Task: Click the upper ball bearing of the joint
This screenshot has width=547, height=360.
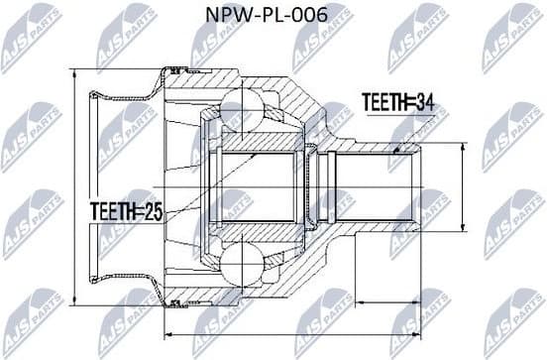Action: pyautogui.click(x=241, y=106)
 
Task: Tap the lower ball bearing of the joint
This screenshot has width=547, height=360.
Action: pyautogui.click(x=241, y=265)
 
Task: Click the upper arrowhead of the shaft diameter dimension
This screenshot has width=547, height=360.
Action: pyautogui.click(x=463, y=147)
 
